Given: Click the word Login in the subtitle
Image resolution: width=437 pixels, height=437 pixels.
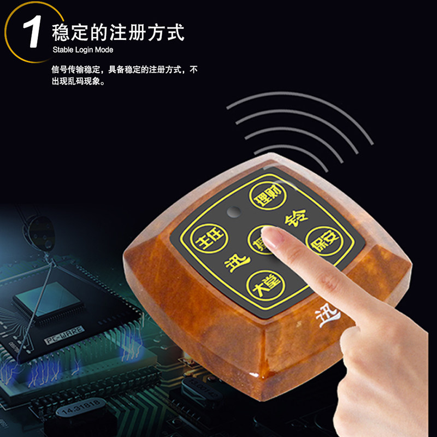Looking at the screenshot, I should point(84,50).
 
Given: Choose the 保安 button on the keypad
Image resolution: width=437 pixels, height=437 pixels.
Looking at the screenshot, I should point(321,240).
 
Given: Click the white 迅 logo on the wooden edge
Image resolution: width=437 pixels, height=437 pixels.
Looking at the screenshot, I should point(329,314).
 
